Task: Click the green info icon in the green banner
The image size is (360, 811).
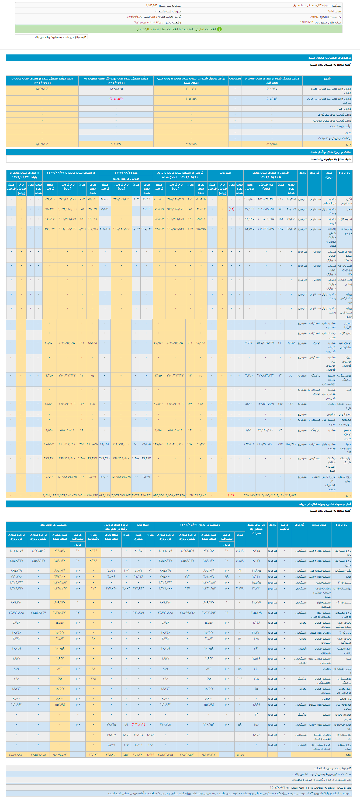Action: pos(219,29)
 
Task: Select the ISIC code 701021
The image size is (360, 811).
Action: pos(314,17)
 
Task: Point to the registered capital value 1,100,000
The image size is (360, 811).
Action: pos(151,5)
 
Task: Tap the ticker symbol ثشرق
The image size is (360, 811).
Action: pos(330,11)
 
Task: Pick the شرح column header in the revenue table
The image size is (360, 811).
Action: pos(327,78)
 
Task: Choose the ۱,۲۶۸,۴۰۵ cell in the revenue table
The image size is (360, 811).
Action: pos(116,89)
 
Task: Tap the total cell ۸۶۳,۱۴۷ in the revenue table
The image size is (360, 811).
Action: pos(116,144)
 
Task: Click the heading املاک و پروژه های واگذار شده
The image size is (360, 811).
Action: pos(330,152)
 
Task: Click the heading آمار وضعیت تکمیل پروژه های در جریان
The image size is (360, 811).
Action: pos(325,504)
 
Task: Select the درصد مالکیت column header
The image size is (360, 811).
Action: pos(285,527)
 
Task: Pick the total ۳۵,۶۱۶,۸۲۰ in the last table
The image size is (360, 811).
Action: pos(16,755)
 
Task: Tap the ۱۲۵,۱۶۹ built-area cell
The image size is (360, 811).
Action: pos(256,613)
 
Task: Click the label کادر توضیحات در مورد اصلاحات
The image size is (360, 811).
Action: pos(332,768)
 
